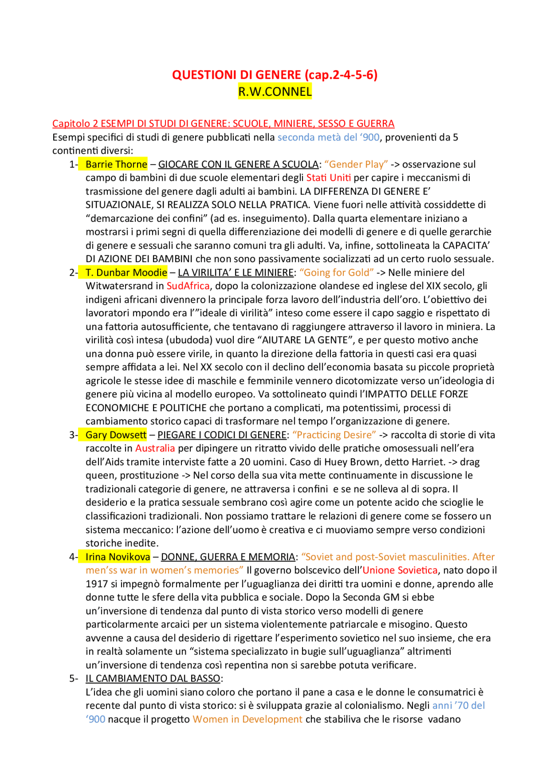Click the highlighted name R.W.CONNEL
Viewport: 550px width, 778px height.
click(275, 92)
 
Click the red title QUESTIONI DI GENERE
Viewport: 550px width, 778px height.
click(236, 75)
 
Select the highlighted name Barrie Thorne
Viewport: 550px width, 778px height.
click(116, 164)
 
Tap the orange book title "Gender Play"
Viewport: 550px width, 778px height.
click(356, 164)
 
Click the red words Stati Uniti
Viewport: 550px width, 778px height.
click(328, 177)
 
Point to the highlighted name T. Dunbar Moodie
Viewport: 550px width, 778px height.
click(126, 272)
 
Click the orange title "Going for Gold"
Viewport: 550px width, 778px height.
click(336, 272)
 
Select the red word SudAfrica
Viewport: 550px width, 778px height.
click(188, 286)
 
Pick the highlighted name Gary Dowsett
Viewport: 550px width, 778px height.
click(116, 435)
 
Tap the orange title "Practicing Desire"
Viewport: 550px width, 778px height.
click(334, 435)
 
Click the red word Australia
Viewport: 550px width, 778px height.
click(155, 448)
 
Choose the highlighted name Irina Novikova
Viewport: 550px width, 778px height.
click(118, 557)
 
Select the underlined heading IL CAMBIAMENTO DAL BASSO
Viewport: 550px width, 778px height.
click(153, 678)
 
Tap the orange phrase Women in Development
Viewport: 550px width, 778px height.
click(247, 719)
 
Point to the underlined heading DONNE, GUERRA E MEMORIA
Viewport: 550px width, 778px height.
click(228, 557)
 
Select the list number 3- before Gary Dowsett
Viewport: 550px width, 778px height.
click(73, 435)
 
